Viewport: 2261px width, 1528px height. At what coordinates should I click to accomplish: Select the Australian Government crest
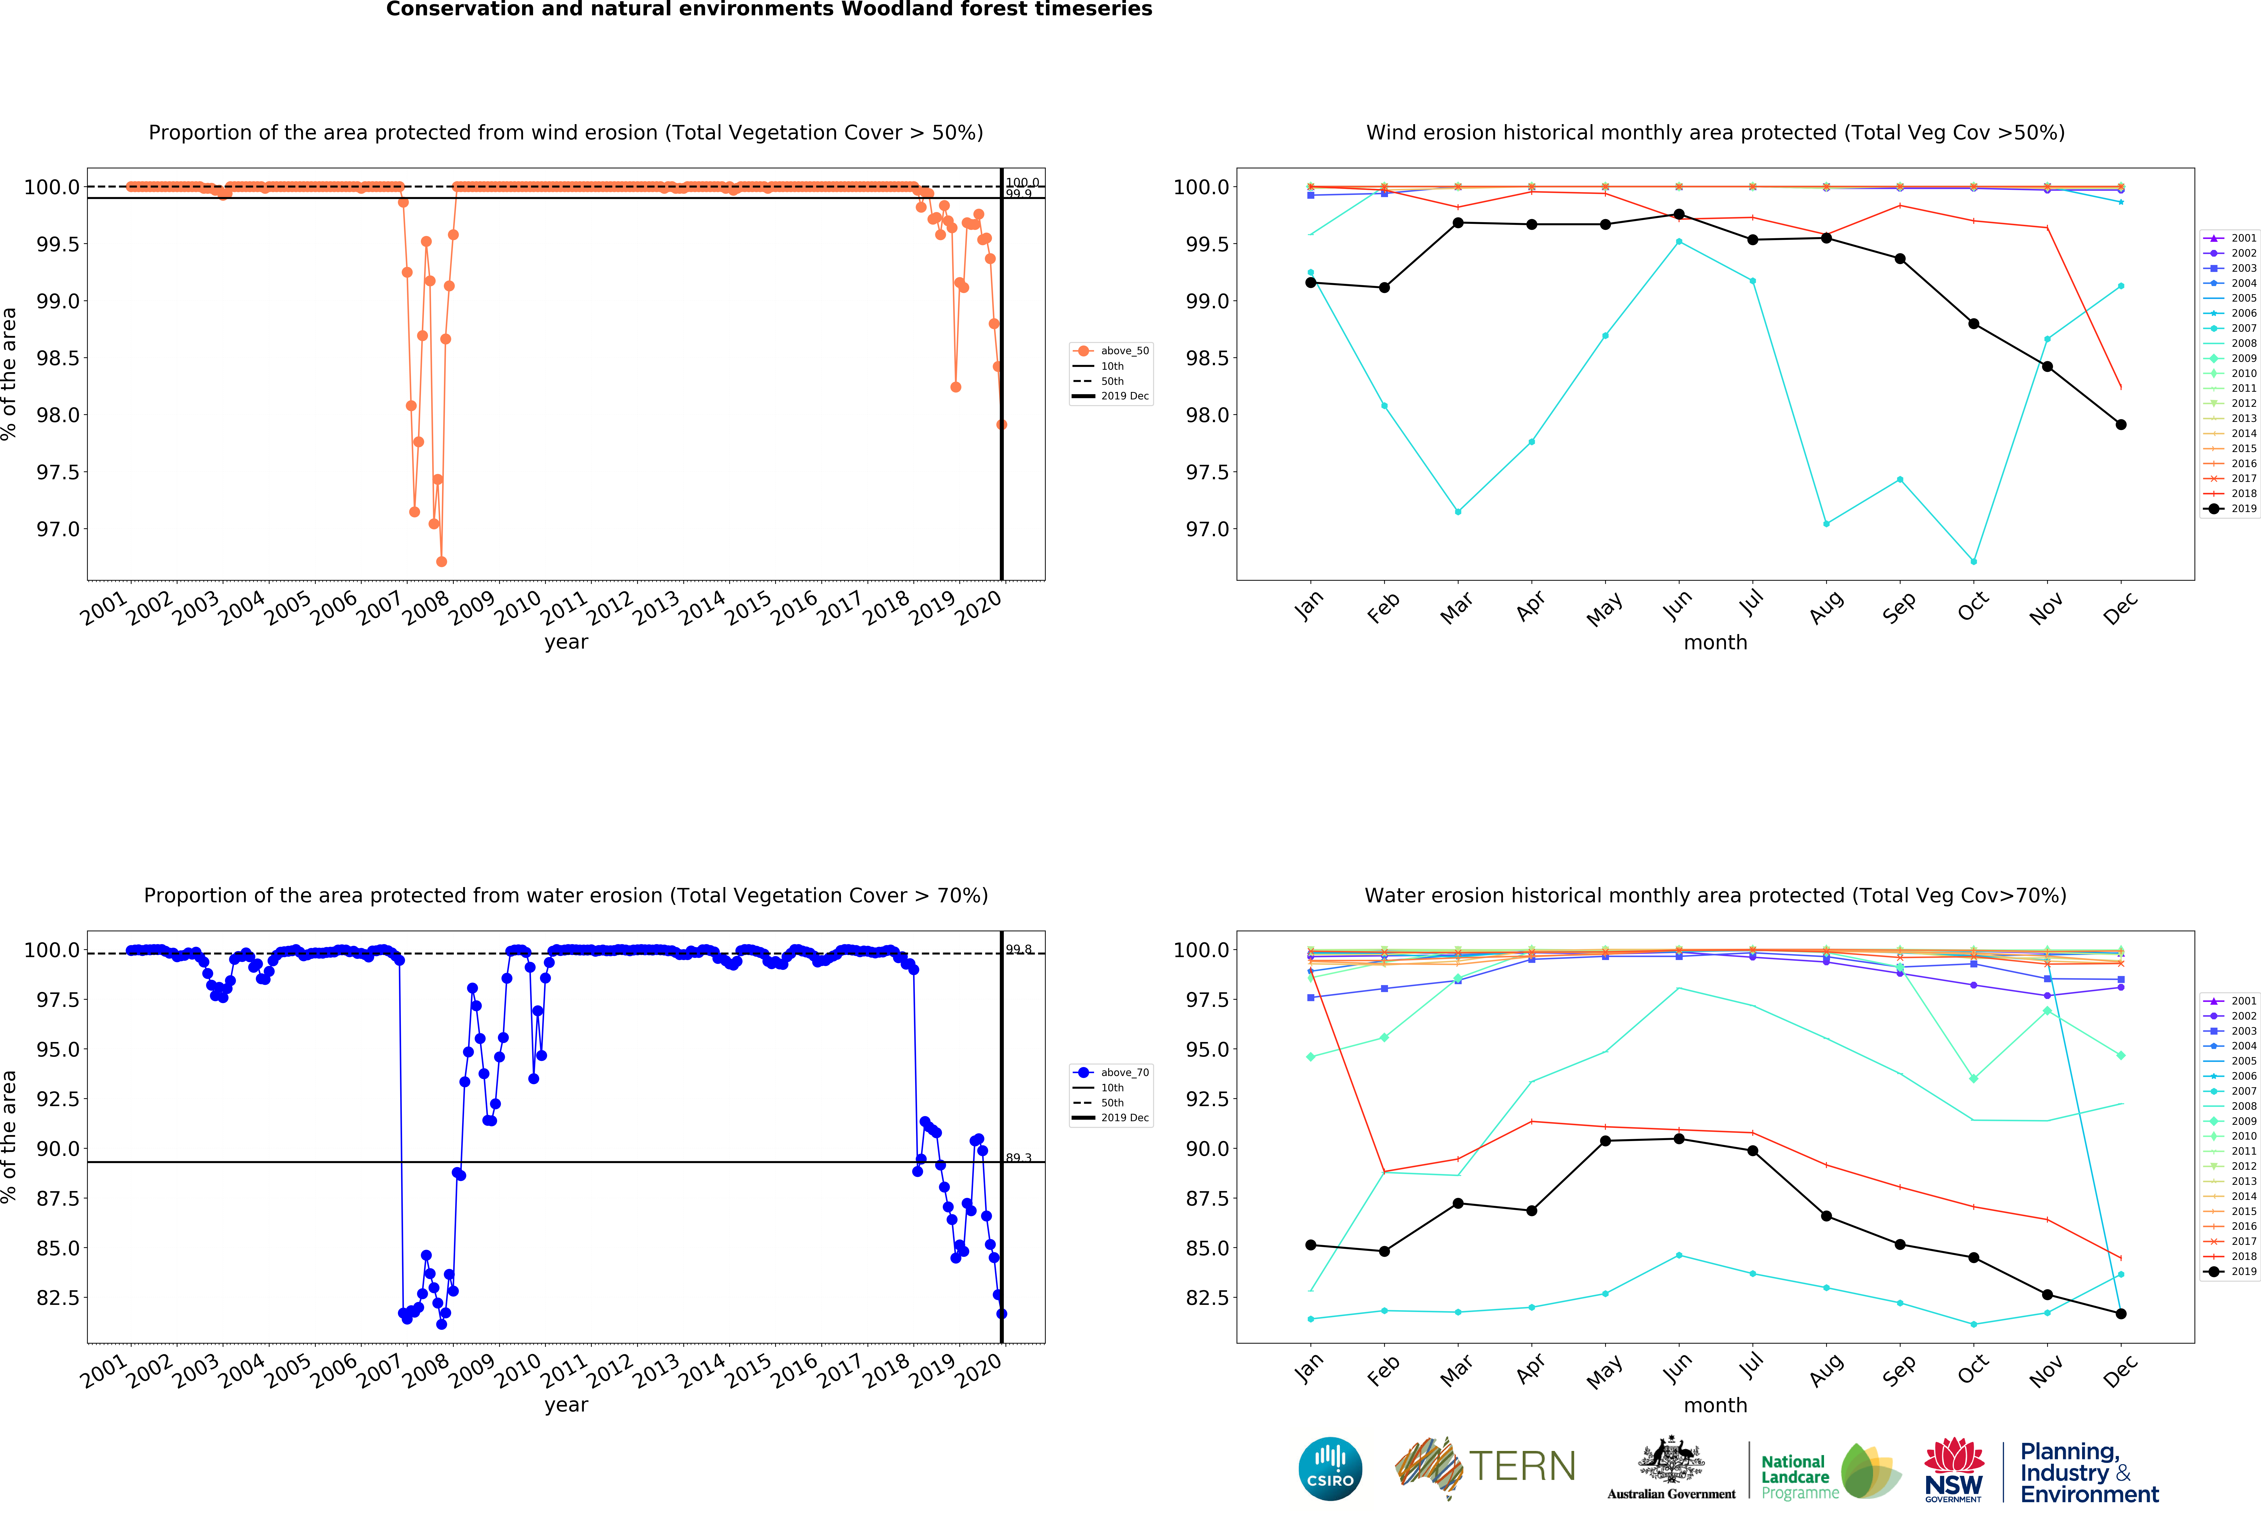click(x=1670, y=1459)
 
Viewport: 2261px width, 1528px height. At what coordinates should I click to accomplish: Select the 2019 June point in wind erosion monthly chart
click(x=1679, y=214)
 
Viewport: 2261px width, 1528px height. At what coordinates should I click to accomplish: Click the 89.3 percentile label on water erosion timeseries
click(x=1019, y=1158)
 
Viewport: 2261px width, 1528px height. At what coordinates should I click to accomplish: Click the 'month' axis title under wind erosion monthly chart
click(x=1715, y=643)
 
